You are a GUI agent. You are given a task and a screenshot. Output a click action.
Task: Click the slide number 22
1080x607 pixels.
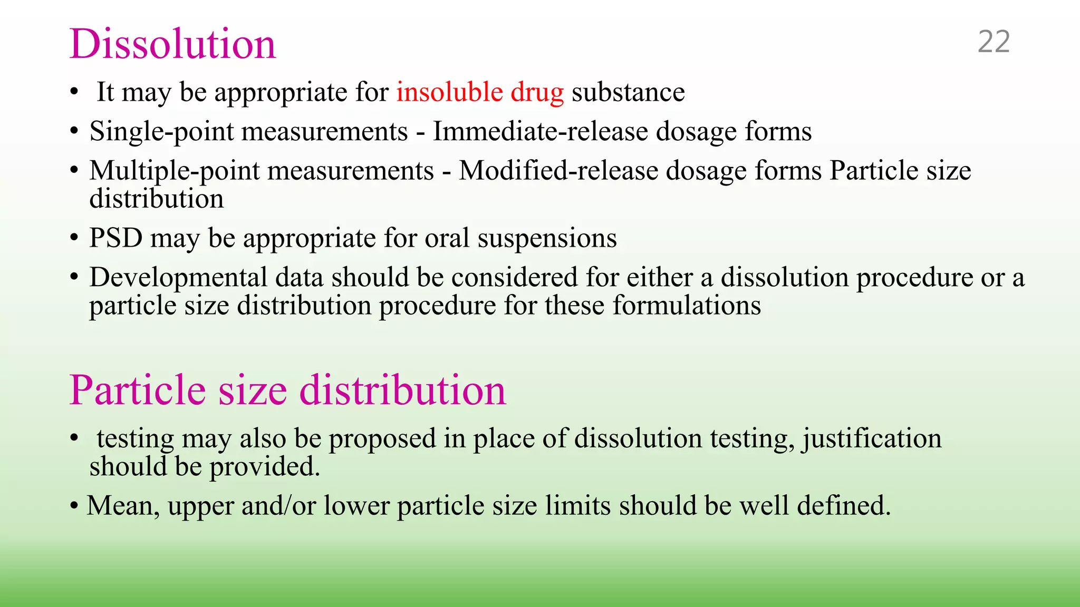(994, 42)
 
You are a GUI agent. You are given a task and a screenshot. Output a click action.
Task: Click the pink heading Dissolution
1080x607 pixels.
(172, 44)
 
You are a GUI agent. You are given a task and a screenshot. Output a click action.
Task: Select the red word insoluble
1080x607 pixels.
(449, 92)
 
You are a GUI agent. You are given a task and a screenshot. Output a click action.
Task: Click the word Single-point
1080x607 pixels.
(161, 132)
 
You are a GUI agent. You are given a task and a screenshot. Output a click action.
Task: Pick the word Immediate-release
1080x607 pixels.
(540, 132)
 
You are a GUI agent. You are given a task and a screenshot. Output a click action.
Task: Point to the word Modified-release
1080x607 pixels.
(558, 171)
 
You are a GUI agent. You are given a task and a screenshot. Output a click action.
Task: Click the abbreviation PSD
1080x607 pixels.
(116, 238)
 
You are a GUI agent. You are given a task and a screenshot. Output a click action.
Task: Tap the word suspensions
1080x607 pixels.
(547, 239)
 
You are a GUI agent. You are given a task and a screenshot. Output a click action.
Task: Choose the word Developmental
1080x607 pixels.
(178, 278)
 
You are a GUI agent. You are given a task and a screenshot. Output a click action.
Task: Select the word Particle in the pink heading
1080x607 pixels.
(137, 390)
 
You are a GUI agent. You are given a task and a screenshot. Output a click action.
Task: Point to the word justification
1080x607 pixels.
(872, 439)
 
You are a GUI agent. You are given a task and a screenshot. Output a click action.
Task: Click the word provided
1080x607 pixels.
(265, 467)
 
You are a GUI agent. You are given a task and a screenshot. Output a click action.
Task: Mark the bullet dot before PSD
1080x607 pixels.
(74, 238)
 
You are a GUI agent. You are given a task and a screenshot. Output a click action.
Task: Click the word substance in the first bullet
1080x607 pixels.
(628, 92)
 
